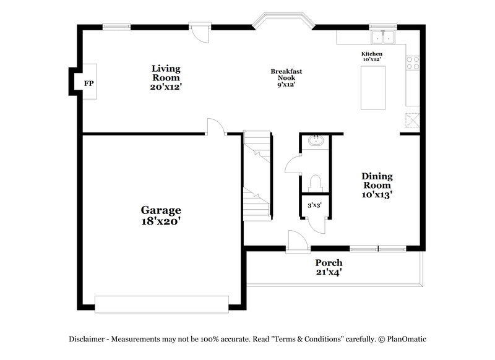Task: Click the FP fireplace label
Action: click(x=88, y=82)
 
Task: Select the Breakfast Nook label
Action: click(x=286, y=77)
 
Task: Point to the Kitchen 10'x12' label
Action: click(x=372, y=57)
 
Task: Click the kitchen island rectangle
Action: click(x=373, y=87)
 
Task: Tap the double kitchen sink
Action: click(x=384, y=37)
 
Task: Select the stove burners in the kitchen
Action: click(x=413, y=62)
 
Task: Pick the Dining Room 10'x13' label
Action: click(x=377, y=185)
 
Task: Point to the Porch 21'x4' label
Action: click(x=328, y=267)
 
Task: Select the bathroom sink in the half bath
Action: click(x=316, y=140)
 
